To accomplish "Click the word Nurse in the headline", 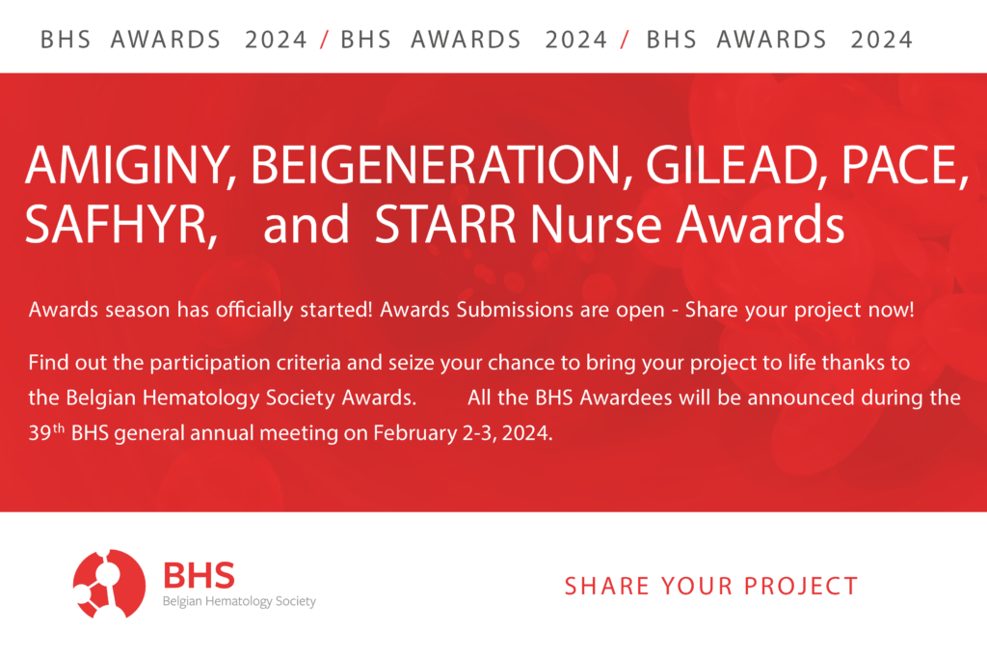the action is tap(596, 224).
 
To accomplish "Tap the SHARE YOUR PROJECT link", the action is tap(711, 586).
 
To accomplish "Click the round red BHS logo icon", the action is tap(109, 584).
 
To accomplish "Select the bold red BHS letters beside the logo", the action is tap(199, 575).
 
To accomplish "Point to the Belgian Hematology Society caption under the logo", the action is tap(239, 602).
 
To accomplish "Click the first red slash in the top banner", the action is tap(324, 40).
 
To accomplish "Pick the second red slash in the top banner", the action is tap(625, 40).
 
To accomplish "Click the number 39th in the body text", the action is tap(46, 432).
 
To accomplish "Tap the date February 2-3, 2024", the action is tap(463, 433).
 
